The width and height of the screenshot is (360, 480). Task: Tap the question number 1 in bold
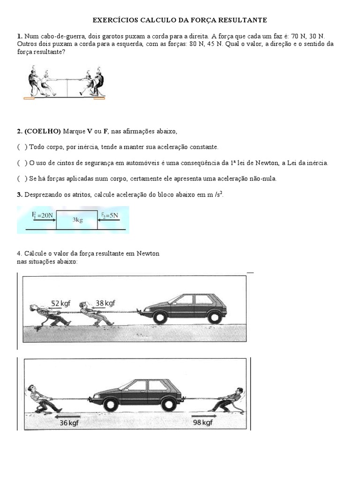pos(19,36)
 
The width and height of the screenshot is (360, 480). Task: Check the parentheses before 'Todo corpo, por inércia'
pos(22,147)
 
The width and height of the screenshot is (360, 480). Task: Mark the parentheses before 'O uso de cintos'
pos(22,163)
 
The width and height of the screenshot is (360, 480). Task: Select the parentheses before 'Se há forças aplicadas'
pos(22,179)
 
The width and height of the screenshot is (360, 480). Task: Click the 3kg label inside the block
pos(77,220)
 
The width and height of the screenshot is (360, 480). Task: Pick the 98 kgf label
pos(203,423)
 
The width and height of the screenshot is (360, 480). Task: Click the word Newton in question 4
pos(148,254)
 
